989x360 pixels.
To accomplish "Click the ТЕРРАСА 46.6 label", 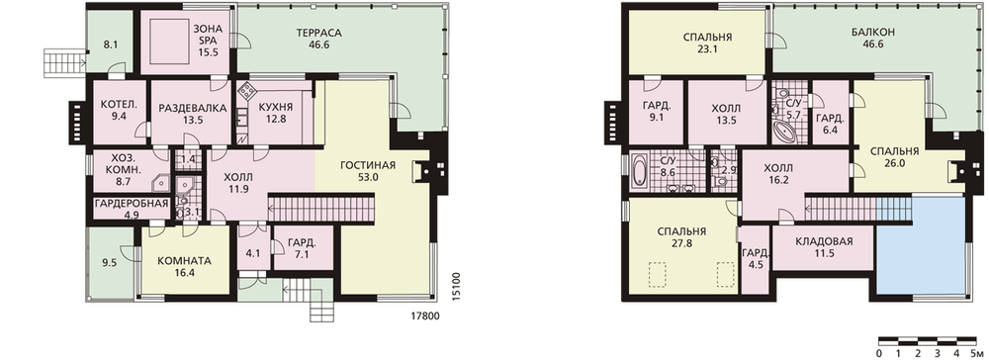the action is [x=319, y=39].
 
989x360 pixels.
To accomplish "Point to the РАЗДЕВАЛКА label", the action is [x=193, y=109].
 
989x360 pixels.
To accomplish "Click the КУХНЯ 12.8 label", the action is [x=276, y=111].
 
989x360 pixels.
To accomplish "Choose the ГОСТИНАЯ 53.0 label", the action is [x=368, y=171].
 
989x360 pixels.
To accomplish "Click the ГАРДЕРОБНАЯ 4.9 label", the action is [x=132, y=209].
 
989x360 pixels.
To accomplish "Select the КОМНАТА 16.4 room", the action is [x=184, y=267].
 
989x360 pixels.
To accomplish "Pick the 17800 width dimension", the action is [x=424, y=315].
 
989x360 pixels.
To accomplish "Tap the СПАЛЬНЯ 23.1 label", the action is [x=707, y=43].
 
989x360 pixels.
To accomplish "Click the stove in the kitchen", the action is [x=246, y=91].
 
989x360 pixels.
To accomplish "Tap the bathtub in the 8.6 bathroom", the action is [x=639, y=171].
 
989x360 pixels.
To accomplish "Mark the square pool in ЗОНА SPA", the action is [x=168, y=40].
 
